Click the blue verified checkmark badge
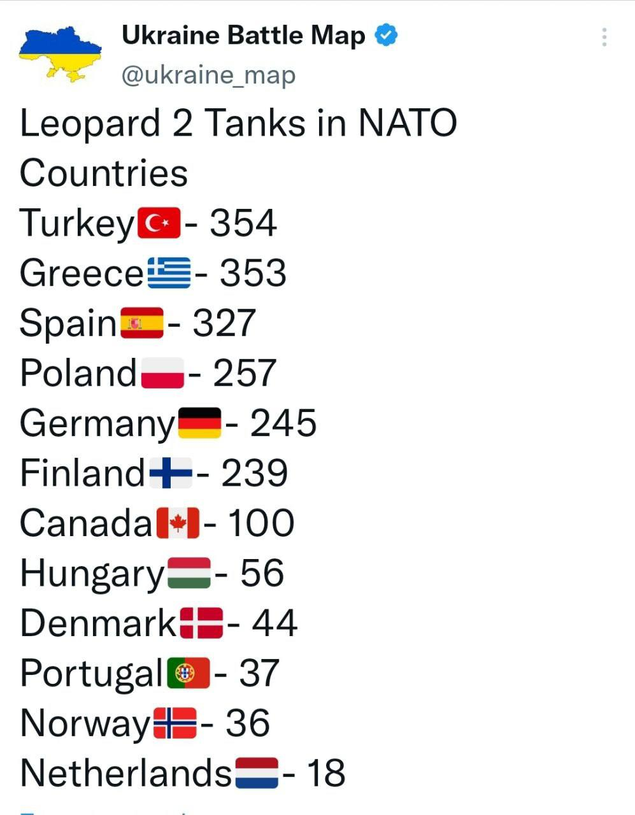pyautogui.click(x=386, y=34)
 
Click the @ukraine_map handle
pyautogui.click(x=208, y=75)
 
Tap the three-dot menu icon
pyautogui.click(x=604, y=37)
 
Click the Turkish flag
pyautogui.click(x=159, y=223)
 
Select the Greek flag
pyautogui.click(x=169, y=273)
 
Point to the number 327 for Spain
pyautogui.click(x=224, y=323)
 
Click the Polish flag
pyautogui.click(x=162, y=373)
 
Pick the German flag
pyautogui.click(x=199, y=423)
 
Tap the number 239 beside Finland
pyautogui.click(x=254, y=473)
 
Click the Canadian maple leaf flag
pyautogui.click(x=178, y=523)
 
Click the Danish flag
pyautogui.click(x=201, y=623)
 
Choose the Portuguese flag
pyautogui.click(x=189, y=673)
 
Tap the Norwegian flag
pyautogui.click(x=175, y=723)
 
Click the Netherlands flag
pyautogui.click(x=257, y=773)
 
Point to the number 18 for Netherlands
pyautogui.click(x=325, y=773)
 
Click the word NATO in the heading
pyautogui.click(x=408, y=123)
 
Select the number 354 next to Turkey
pyautogui.click(x=243, y=223)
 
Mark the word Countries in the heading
pyautogui.click(x=104, y=173)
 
